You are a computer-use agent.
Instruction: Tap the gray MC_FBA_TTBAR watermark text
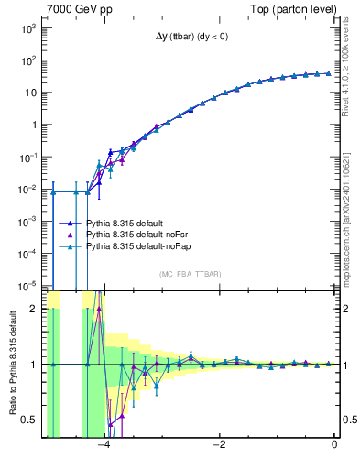pyautogui.click(x=190, y=274)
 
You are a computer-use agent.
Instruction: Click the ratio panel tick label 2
pyautogui.click(x=33, y=309)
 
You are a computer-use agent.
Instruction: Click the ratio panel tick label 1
pyautogui.click(x=33, y=365)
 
